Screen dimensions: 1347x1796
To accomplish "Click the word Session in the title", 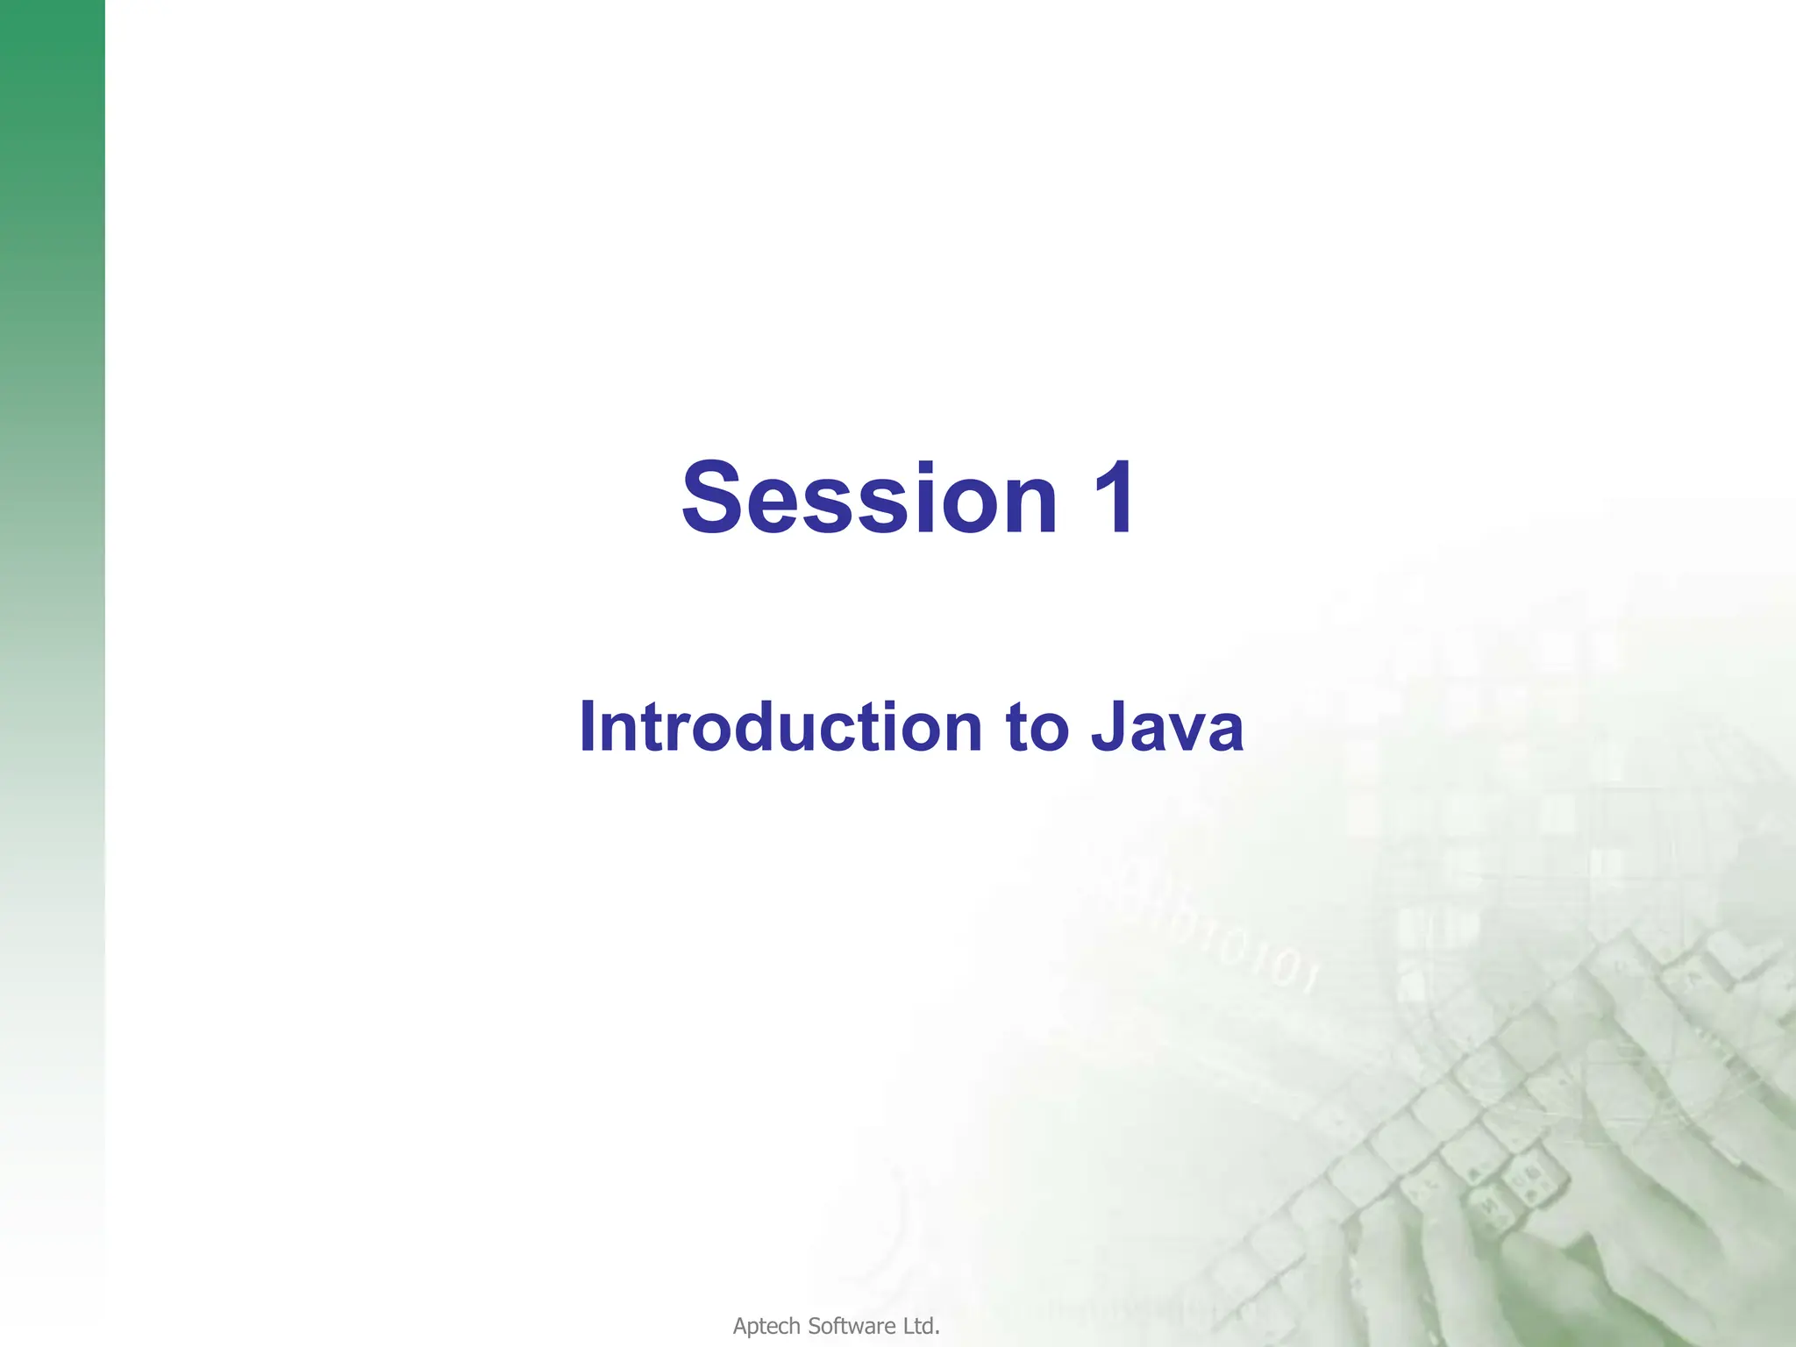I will pos(868,497).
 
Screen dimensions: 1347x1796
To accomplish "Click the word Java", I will pos(1166,727).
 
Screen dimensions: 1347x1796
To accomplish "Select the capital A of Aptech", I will pos(740,1327).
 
